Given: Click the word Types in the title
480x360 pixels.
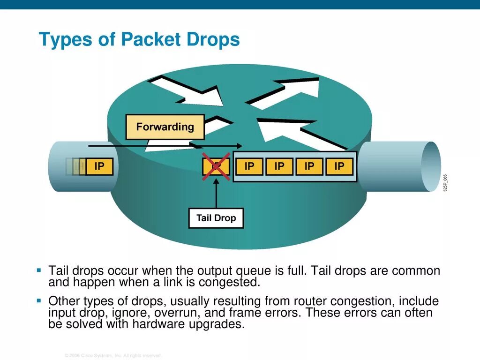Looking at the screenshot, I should pos(66,40).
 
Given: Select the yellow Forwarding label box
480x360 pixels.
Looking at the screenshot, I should pos(165,127).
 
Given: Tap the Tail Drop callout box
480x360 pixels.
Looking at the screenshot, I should pos(216,218).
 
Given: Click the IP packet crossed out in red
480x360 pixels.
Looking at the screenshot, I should pos(216,166).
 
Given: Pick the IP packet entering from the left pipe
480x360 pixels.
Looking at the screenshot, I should pos(99,166).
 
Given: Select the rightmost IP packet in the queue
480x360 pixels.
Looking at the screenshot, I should pos(339,166).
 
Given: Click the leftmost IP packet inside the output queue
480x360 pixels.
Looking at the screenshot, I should pos(249,166).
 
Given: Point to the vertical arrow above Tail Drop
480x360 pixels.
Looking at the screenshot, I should pos(216,195).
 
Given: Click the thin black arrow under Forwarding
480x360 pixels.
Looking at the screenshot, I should pos(164,146).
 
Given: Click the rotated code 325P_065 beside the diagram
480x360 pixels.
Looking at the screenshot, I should pos(446,182).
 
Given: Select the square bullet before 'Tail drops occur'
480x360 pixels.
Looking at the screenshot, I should pos(39,271).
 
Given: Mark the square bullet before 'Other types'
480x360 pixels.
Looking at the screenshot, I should pos(39,300).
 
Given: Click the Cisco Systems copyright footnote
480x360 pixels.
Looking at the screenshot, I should pos(113,355).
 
